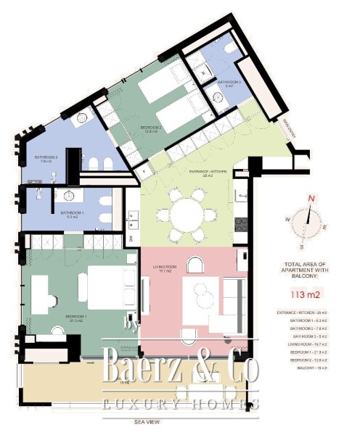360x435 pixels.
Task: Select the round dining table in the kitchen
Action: coord(189,215)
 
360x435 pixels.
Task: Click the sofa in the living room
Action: coord(234,290)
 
